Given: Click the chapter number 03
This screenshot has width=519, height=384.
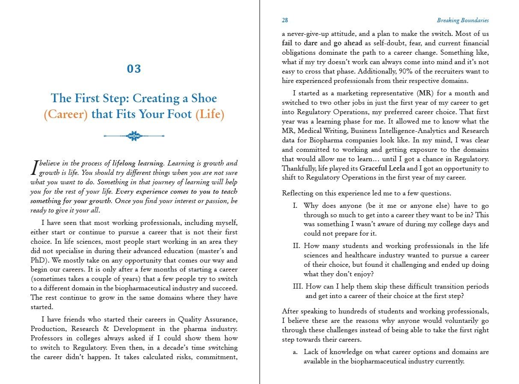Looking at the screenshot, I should pos(134,69).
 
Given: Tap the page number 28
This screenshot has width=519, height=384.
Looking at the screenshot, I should pos(285,20).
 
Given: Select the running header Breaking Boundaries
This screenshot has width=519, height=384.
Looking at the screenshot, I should pos(463,20).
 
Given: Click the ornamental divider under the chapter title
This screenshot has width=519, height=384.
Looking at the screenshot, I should pos(134,136).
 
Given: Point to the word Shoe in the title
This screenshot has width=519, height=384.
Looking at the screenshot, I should pos(204,98).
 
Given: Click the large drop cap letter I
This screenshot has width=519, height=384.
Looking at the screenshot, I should pos(35,168).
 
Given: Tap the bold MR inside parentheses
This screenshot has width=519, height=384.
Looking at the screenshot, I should pos(424,93).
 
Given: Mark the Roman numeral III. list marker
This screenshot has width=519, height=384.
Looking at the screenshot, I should pos(298,287).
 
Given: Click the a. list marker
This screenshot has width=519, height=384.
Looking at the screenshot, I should pos(295,352).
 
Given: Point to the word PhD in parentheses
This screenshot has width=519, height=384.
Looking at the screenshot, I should pos(36,260).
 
